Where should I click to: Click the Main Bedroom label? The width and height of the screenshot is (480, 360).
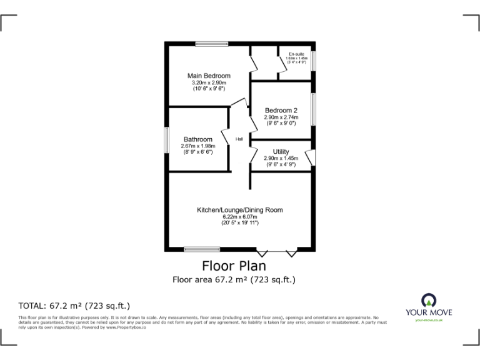pyautogui.click(x=209, y=76)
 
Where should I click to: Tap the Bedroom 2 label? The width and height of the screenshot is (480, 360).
pyautogui.click(x=281, y=110)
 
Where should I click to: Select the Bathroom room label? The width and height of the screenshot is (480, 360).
pyautogui.click(x=197, y=139)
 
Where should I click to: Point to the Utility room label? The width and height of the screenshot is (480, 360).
pyautogui.click(x=281, y=152)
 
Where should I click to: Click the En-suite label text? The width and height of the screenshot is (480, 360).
pyautogui.click(x=296, y=54)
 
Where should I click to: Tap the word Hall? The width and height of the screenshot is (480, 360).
pyautogui.click(x=239, y=139)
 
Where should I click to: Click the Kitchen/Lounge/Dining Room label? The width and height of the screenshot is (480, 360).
pyautogui.click(x=240, y=210)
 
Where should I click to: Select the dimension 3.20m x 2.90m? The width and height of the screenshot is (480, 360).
pyautogui.click(x=209, y=83)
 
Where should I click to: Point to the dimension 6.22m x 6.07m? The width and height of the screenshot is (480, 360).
pyautogui.click(x=240, y=217)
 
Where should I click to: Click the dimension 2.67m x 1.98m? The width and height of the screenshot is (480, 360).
pyautogui.click(x=197, y=146)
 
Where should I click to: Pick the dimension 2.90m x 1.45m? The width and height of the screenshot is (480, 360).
pyautogui.click(x=281, y=159)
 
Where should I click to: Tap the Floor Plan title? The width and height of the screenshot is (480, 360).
pyautogui.click(x=234, y=266)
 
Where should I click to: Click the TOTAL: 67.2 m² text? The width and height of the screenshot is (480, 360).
pyautogui.click(x=74, y=306)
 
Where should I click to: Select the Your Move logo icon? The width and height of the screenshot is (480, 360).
pyautogui.click(x=429, y=299)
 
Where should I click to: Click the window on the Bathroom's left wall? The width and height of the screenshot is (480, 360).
pyautogui.click(x=166, y=139)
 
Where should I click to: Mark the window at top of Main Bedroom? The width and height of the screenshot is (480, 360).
pyautogui.click(x=207, y=44)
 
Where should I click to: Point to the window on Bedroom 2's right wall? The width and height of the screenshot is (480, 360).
pyautogui.click(x=313, y=109)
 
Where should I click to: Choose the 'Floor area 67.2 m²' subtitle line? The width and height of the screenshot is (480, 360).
pyautogui.click(x=234, y=280)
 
